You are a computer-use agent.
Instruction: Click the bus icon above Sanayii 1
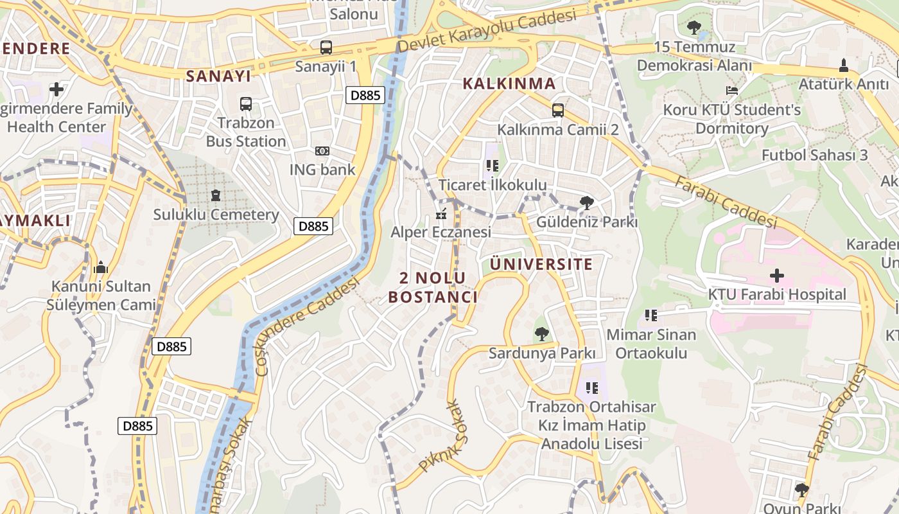pos(326,47)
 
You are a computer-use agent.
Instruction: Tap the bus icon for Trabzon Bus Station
pos(245,103)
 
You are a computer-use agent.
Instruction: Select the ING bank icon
pos(322,151)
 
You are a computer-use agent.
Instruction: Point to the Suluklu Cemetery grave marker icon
pos(216,195)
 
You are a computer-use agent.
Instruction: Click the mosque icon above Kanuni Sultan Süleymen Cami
pos(101,267)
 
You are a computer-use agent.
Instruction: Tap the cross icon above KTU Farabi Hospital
pos(777,276)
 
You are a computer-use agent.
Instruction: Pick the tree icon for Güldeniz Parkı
pos(586,203)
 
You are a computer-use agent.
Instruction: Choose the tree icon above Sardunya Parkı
pos(542,333)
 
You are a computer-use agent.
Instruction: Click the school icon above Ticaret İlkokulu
pos(493,166)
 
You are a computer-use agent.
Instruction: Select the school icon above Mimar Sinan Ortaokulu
pos(651,315)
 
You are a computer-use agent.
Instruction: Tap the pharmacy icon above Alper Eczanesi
pos(441,213)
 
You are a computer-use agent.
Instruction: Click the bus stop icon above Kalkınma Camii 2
pos(557,110)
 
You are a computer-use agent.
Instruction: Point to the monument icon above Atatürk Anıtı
pos(844,65)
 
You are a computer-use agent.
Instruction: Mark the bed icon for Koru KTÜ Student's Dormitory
pos(732,91)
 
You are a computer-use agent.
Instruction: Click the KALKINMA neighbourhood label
pos(509,84)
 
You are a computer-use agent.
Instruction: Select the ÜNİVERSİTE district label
pos(541,264)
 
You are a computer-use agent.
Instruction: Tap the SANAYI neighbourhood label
pos(218,76)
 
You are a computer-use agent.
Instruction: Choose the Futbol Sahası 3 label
pos(814,155)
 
